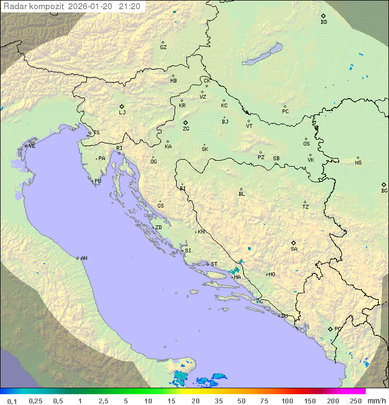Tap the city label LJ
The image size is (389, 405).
(x=122, y=113)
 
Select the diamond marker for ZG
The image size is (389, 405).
(x=185, y=122)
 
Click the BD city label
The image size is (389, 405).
(x=324, y=22)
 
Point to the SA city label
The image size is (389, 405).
(x=294, y=249)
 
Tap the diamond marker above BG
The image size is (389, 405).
(x=384, y=184)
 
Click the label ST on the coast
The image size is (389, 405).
(x=214, y=264)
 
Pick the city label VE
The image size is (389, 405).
(x=32, y=146)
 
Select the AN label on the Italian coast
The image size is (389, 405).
(x=84, y=258)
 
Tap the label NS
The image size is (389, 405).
(x=358, y=163)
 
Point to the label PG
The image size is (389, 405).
(x=338, y=329)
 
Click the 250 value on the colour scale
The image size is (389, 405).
(x=356, y=401)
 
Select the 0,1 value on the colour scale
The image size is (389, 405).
(x=12, y=401)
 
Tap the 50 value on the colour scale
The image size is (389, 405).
(x=242, y=401)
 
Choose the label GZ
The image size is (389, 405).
(x=163, y=47)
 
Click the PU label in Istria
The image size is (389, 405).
(x=98, y=181)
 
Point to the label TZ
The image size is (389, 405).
(x=306, y=207)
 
